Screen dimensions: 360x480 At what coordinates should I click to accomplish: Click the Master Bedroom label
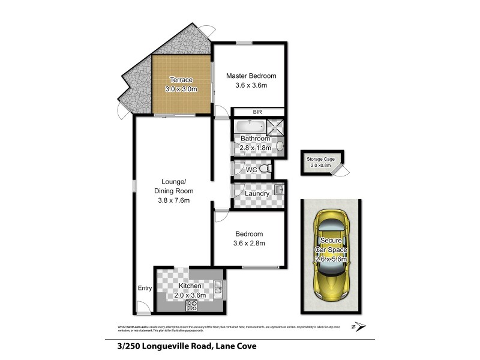(251, 76)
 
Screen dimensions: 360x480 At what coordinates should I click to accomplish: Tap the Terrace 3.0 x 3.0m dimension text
(181, 89)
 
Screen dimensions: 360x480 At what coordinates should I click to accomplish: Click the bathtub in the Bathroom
(248, 127)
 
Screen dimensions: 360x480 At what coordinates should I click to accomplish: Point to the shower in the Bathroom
(275, 127)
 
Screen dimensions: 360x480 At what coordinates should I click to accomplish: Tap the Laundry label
(257, 193)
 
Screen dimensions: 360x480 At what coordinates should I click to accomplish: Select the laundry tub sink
(278, 191)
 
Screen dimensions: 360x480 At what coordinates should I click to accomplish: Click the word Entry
(145, 289)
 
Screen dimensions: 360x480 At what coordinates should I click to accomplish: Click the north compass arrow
(359, 326)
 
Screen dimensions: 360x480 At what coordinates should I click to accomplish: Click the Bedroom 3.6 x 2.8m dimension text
(249, 243)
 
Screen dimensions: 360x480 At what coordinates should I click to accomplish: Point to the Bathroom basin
(280, 146)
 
